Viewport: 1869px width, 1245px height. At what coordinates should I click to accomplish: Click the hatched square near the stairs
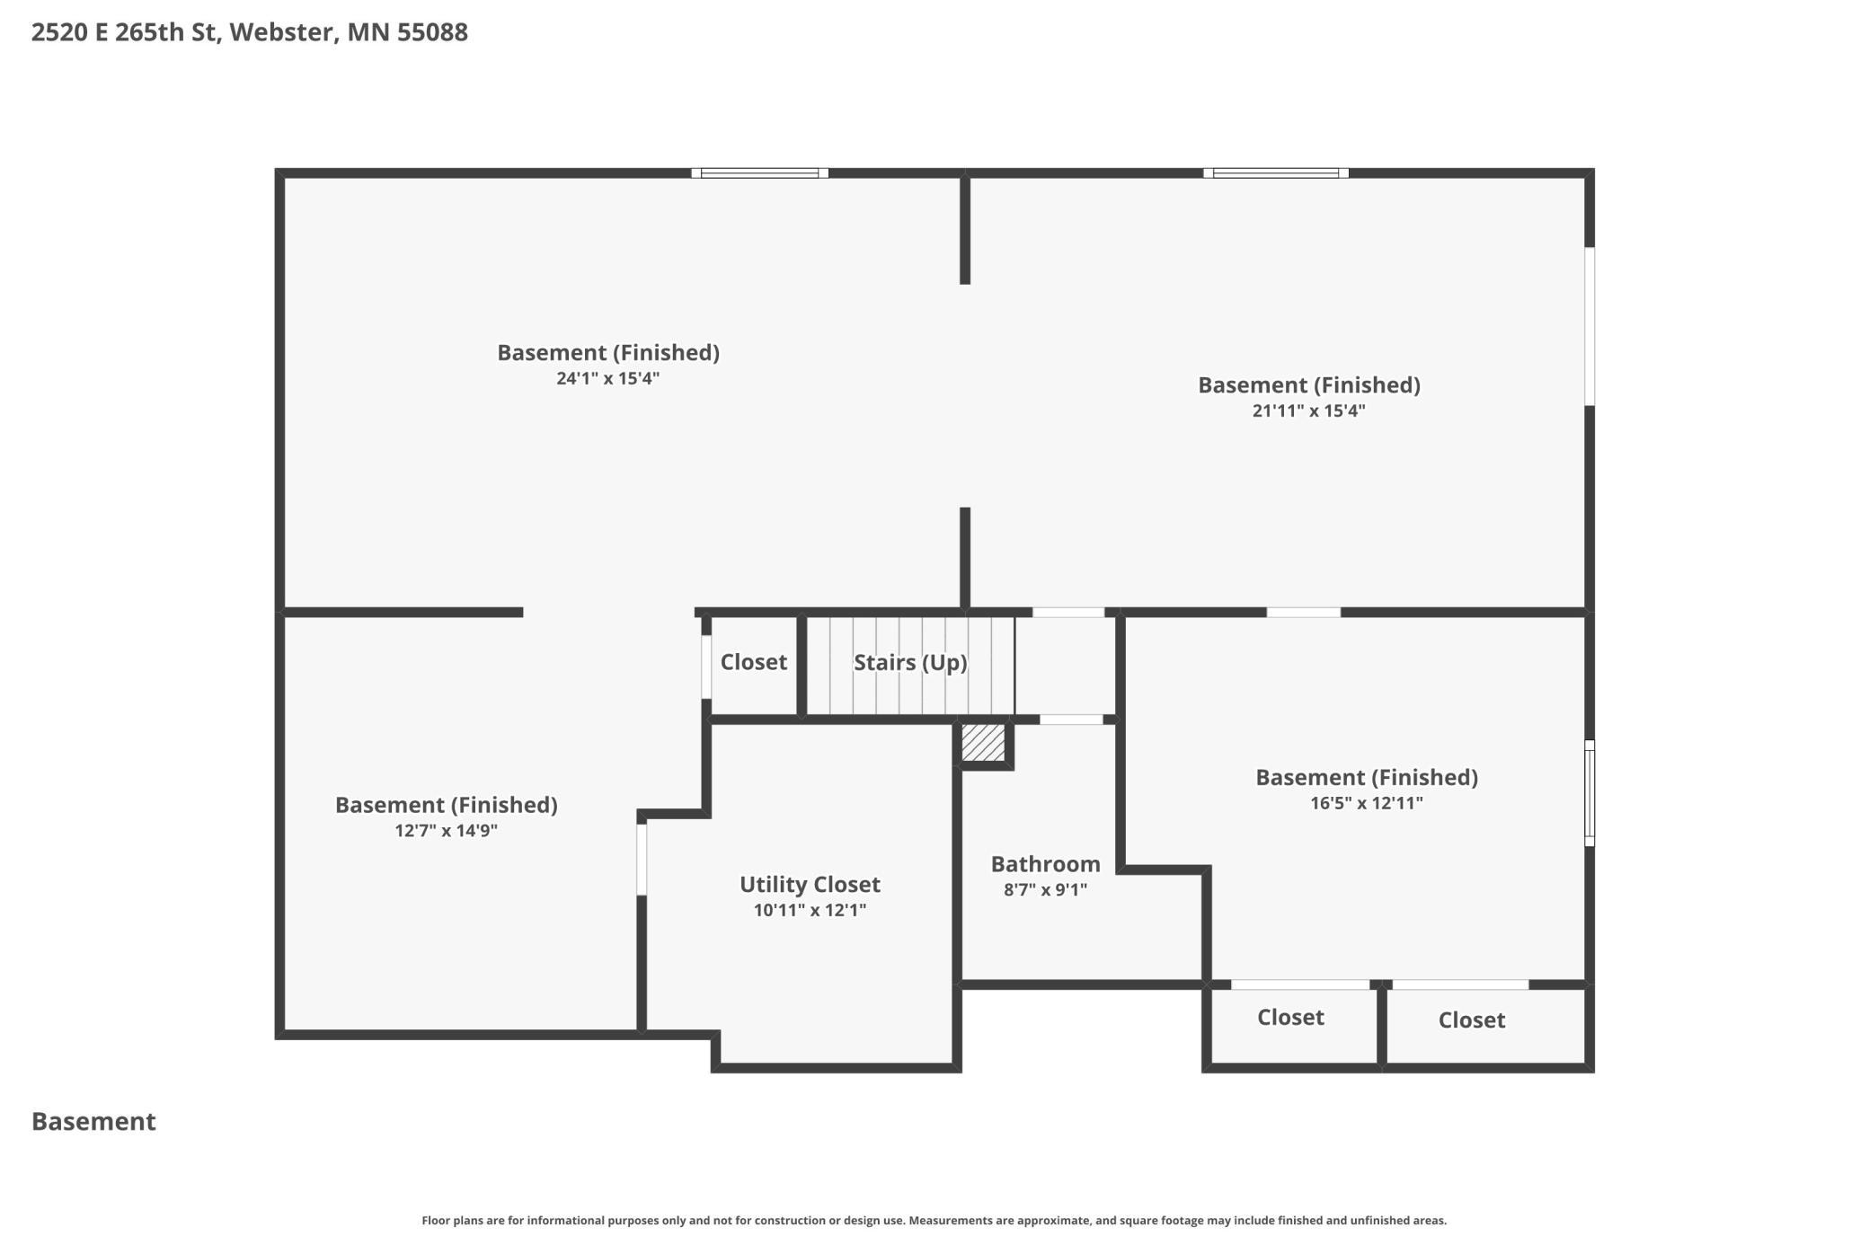[983, 743]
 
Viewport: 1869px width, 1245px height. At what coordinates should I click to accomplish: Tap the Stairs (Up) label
[910, 663]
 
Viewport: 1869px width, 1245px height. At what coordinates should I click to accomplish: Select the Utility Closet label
[810, 885]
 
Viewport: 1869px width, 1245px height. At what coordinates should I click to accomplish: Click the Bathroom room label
[1045, 864]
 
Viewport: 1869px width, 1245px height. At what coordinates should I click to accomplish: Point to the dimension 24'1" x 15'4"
[608, 378]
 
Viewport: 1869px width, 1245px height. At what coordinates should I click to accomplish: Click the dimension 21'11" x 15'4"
[1309, 411]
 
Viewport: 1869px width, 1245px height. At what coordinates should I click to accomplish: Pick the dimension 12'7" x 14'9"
[447, 831]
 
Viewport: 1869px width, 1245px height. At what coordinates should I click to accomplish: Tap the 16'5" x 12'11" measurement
[1367, 803]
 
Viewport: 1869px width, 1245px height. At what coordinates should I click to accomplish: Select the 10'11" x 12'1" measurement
[810, 910]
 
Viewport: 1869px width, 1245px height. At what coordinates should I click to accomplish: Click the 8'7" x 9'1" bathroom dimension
[1045, 890]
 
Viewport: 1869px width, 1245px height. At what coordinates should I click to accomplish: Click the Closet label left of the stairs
[754, 662]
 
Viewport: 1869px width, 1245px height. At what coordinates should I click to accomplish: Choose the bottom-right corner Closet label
[1472, 1020]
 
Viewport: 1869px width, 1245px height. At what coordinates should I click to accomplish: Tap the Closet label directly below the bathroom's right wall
[1290, 1018]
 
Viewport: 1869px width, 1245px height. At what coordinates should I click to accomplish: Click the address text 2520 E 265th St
[125, 33]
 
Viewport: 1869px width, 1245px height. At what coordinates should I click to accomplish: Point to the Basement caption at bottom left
[93, 1122]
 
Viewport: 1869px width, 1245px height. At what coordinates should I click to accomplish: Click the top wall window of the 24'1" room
[760, 173]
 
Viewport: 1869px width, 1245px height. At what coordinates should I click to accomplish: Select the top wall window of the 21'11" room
[1276, 173]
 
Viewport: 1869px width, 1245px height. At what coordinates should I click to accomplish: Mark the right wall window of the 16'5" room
[1590, 793]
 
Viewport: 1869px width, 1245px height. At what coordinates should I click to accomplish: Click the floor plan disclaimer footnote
[934, 1221]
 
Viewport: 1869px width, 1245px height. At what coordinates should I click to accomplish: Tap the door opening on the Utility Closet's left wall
[642, 860]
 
